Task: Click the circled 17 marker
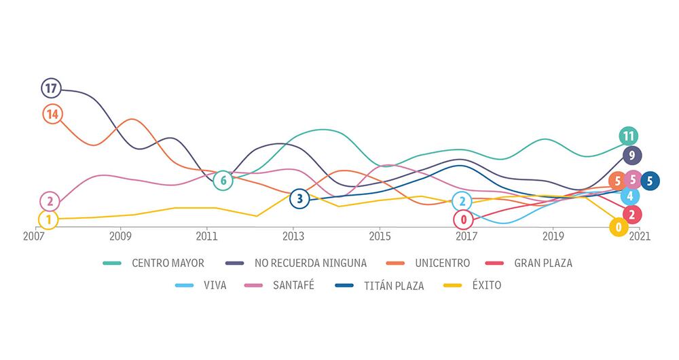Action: tap(50, 88)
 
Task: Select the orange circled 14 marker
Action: tap(52, 113)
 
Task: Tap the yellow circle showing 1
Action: tap(48, 219)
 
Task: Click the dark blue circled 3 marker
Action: tap(299, 199)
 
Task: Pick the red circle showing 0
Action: tap(464, 219)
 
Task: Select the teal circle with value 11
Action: tap(629, 136)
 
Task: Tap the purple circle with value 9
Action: tap(631, 156)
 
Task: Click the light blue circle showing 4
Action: tap(630, 196)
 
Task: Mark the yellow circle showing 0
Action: tap(619, 227)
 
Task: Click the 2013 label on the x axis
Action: tap(293, 238)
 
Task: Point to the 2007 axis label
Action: tap(34, 238)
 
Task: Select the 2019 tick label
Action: tap(553, 238)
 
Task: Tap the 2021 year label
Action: tap(639, 238)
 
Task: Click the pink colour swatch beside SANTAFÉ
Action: tap(253, 286)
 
